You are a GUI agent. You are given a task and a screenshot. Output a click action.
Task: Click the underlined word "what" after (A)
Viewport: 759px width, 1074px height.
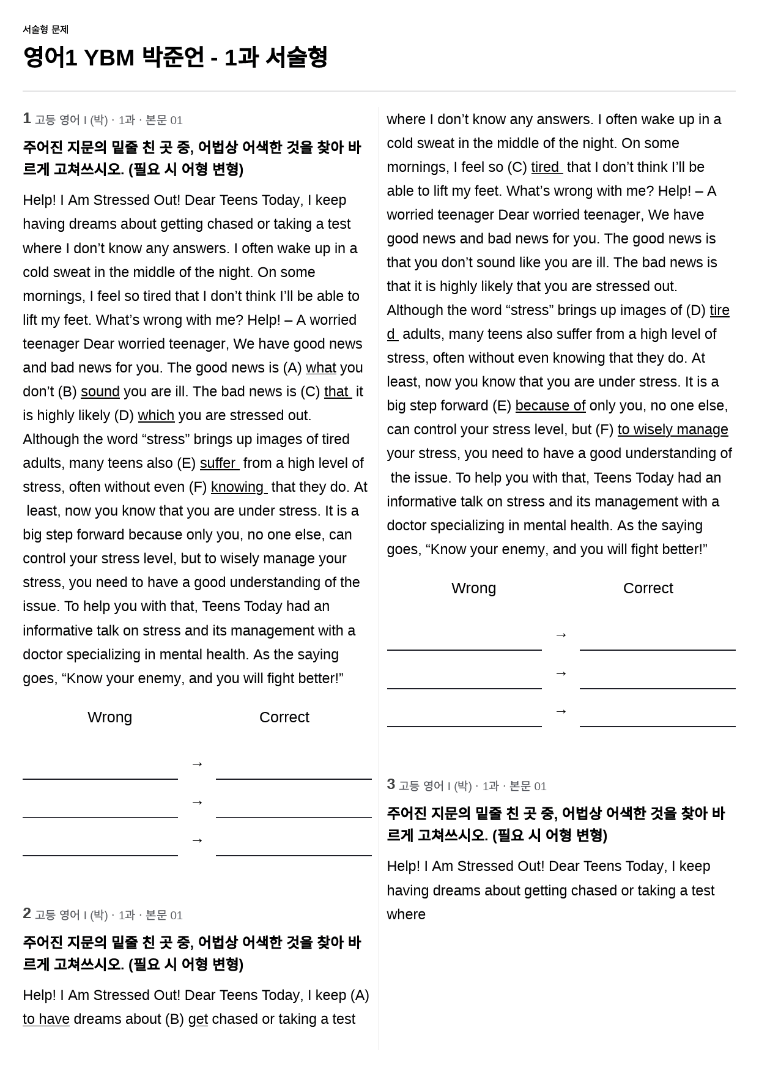point(320,368)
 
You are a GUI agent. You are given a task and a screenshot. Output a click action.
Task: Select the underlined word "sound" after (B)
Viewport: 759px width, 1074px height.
point(100,392)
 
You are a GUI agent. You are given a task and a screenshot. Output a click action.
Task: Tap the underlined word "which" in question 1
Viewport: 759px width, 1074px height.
point(156,416)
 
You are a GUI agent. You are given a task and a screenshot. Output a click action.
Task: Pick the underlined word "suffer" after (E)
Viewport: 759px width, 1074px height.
point(218,464)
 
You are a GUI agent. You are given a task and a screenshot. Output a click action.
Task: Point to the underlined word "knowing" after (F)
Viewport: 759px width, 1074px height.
point(238,487)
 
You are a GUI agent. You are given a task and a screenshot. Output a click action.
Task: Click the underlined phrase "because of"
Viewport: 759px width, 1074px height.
point(550,406)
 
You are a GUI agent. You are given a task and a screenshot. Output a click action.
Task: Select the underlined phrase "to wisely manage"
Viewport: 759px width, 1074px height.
point(672,430)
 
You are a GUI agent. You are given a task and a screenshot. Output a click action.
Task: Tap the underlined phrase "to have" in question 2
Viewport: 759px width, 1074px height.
point(46,1020)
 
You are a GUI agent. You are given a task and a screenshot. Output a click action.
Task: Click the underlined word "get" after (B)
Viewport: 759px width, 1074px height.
point(198,1020)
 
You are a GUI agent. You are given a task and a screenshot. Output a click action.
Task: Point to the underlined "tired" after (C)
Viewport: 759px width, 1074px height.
point(546,168)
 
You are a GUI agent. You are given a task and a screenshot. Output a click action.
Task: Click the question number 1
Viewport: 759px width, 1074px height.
point(27,119)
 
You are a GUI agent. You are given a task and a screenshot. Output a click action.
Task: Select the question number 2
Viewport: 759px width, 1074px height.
point(27,914)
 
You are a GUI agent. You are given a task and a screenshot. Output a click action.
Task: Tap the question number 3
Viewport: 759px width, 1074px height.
point(391,785)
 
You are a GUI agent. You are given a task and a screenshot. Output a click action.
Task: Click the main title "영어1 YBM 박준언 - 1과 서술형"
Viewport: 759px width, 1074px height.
point(175,57)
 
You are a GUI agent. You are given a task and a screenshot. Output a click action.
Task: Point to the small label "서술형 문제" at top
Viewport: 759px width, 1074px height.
point(45,29)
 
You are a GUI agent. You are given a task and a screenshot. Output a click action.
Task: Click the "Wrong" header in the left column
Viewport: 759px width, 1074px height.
point(109,717)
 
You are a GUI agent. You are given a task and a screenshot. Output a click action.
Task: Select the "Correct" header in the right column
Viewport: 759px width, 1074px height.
point(648,588)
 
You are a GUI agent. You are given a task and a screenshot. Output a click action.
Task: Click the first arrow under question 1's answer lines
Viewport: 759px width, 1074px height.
point(197,764)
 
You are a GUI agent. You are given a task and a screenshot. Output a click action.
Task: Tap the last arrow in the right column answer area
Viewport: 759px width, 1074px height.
point(561,711)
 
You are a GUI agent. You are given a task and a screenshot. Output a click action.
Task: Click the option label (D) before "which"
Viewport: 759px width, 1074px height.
point(124,416)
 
